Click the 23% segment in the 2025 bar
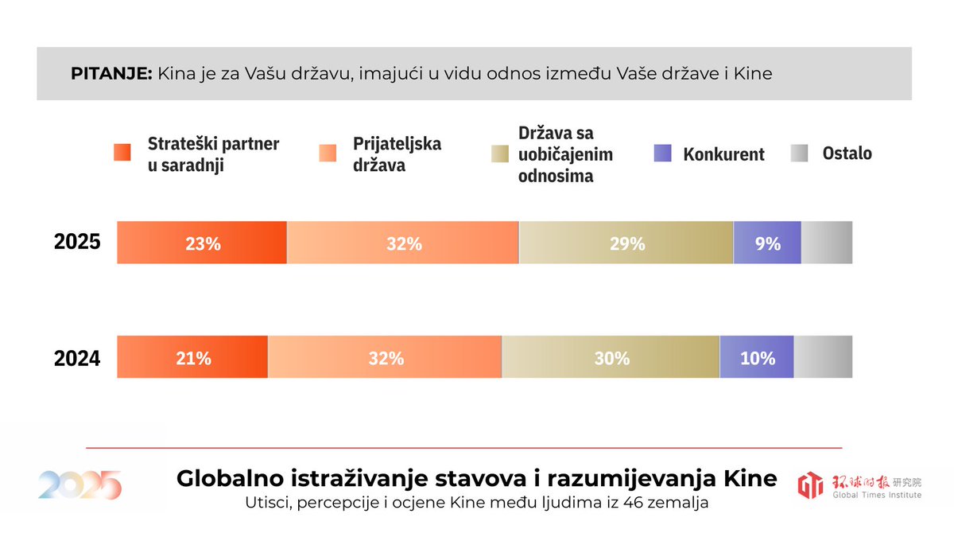[x=202, y=243]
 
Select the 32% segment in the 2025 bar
[x=403, y=243]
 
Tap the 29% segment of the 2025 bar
[x=626, y=243]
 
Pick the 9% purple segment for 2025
[x=767, y=243]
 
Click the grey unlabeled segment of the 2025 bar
[x=827, y=243]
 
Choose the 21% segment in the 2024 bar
[x=193, y=357]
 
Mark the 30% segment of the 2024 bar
[x=611, y=357]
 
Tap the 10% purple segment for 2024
[x=757, y=357]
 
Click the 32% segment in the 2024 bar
[x=386, y=357]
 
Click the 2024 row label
[x=77, y=359]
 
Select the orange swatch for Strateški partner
[x=122, y=154]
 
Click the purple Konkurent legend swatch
[x=663, y=154]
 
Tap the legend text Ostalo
[x=847, y=154]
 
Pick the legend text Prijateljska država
[x=397, y=154]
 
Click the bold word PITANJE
[x=111, y=74]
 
